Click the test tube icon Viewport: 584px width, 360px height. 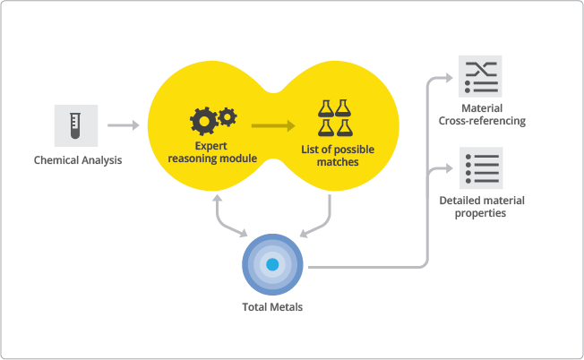[x=76, y=125]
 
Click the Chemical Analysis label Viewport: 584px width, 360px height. [x=77, y=161]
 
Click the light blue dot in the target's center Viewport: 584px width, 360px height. [x=272, y=265]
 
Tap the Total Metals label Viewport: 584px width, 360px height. [x=272, y=307]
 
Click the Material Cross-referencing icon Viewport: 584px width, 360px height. [x=481, y=78]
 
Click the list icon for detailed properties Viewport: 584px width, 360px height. [x=481, y=168]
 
